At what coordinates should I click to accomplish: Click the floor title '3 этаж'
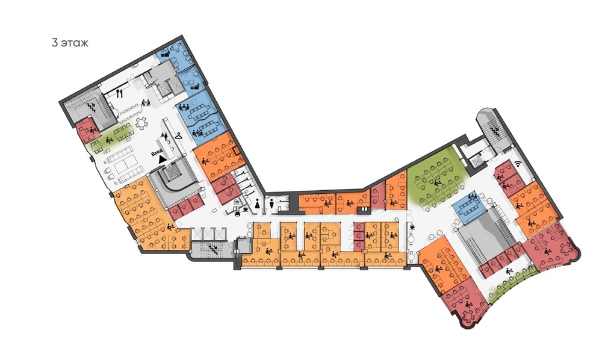70,43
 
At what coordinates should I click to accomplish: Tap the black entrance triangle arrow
163,158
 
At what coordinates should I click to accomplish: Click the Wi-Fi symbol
518,164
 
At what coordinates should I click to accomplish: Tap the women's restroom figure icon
257,203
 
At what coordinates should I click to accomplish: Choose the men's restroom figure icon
272,203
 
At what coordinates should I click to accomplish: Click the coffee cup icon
412,226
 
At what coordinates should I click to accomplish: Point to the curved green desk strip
511,282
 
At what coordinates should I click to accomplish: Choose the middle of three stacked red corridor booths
359,235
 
